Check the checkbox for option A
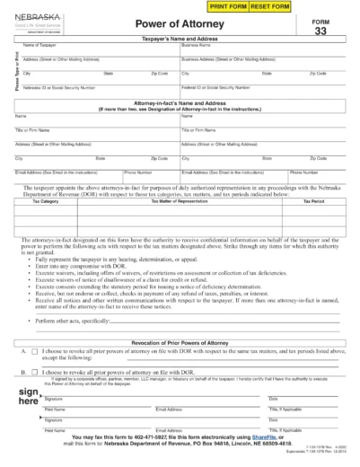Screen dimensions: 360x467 (x=34, y=352)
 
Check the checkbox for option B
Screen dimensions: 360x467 (x=34, y=370)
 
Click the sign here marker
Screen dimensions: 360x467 (x=28, y=400)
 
